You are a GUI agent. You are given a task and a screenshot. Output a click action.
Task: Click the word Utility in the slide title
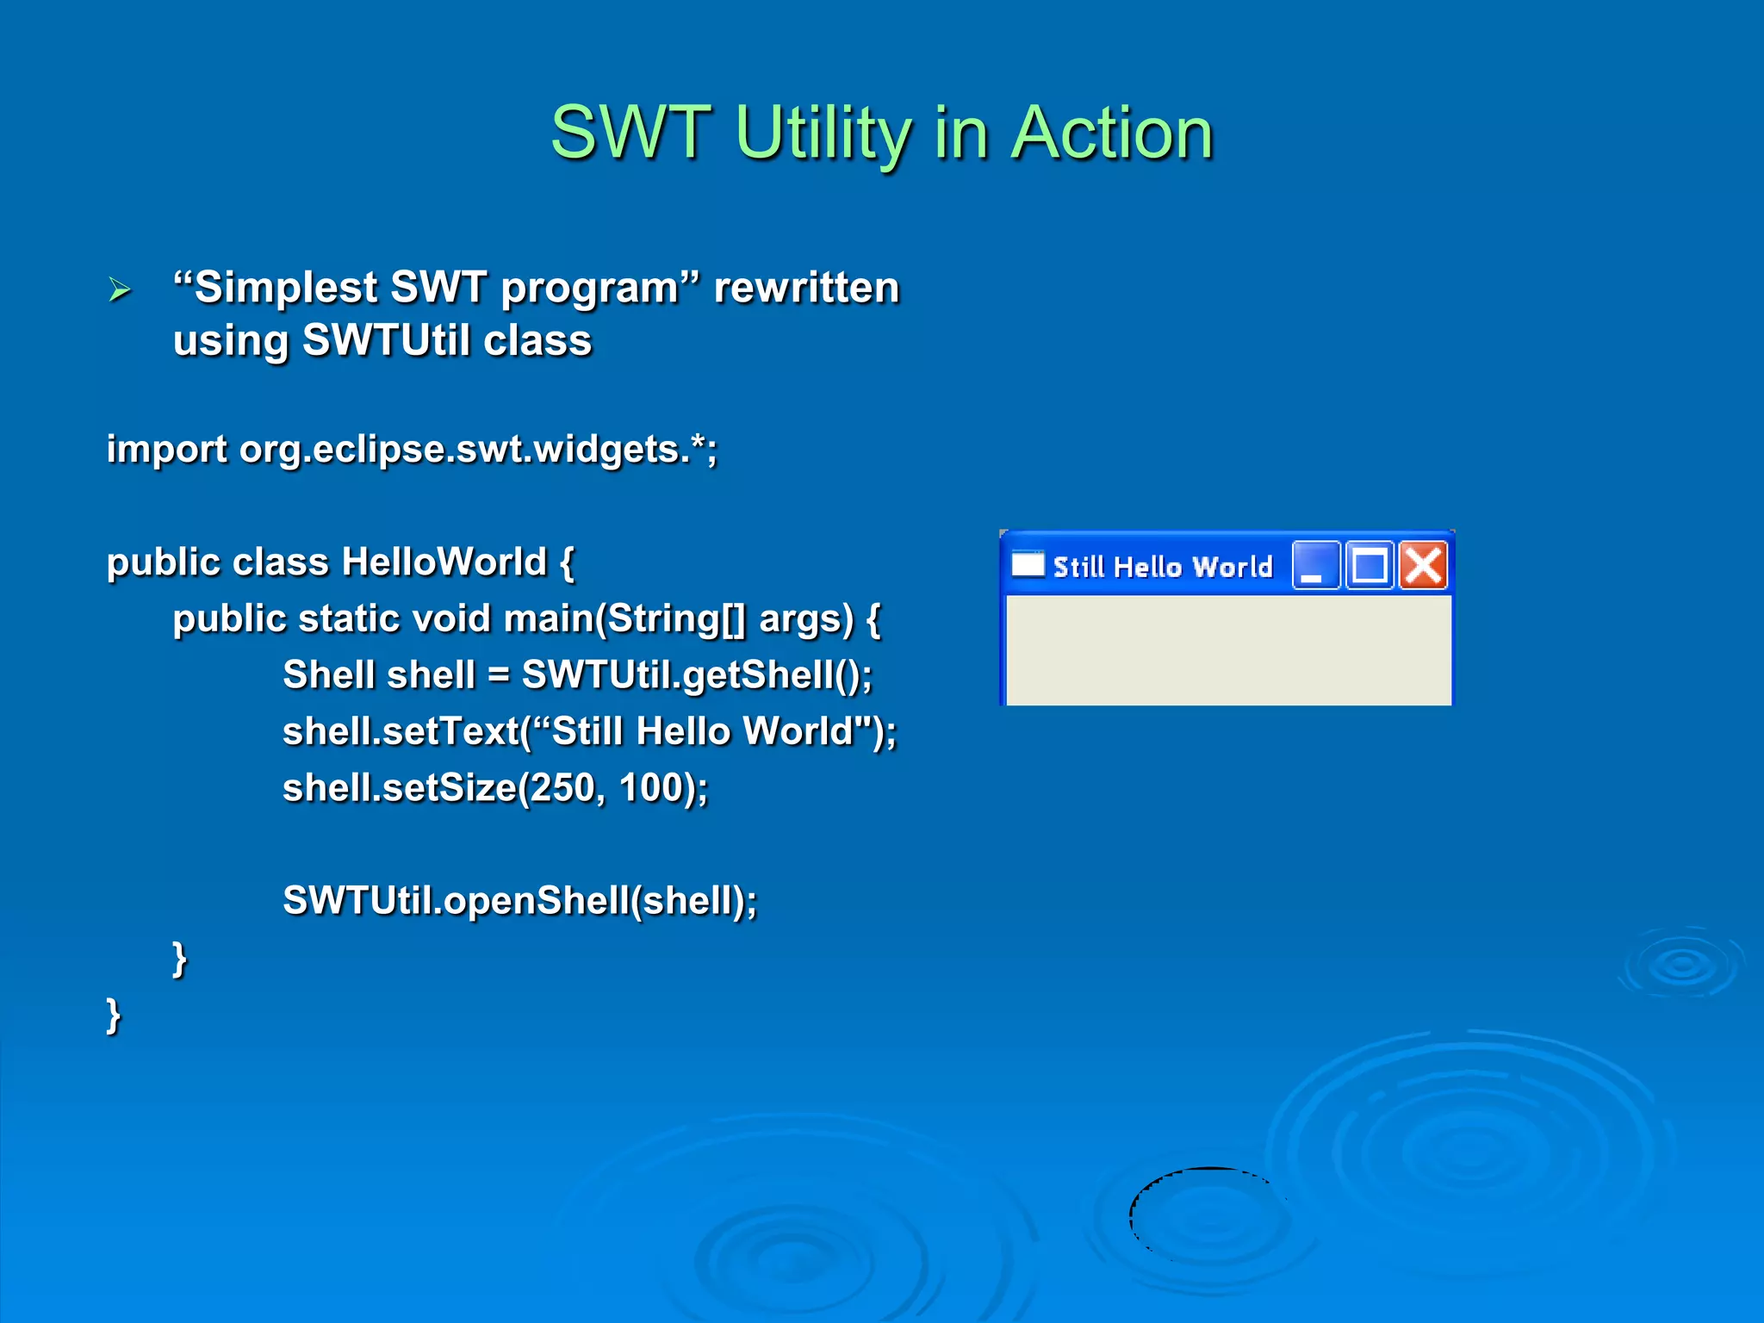click(x=823, y=134)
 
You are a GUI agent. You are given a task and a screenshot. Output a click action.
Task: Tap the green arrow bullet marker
click(x=120, y=289)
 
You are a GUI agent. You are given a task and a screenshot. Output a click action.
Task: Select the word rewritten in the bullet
click(x=806, y=288)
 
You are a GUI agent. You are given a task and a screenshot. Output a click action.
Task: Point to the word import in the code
click(x=167, y=450)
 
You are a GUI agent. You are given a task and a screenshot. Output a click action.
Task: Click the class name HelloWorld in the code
click(x=444, y=562)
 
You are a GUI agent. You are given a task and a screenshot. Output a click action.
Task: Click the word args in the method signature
click(x=805, y=619)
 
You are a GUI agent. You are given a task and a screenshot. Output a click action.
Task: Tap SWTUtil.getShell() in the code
click(x=696, y=675)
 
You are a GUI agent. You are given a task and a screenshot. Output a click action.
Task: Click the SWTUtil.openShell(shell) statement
click(x=519, y=901)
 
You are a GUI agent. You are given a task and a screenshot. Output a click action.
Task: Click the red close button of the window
click(x=1423, y=566)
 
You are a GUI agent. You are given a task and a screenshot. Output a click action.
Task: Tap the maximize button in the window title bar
click(x=1370, y=566)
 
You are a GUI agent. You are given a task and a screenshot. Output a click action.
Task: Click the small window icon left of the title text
click(x=1027, y=565)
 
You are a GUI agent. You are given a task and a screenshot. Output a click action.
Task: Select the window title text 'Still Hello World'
click(x=1162, y=567)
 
